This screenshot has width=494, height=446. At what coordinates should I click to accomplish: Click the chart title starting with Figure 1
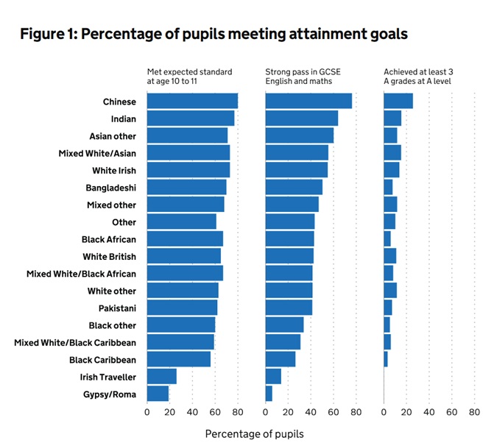click(214, 34)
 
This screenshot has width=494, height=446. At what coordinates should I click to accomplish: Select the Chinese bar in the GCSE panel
click(308, 102)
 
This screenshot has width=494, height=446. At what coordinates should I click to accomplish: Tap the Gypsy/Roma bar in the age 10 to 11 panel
click(158, 394)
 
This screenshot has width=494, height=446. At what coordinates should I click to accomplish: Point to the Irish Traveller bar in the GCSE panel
click(273, 377)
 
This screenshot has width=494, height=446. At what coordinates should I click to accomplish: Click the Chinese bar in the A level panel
click(398, 102)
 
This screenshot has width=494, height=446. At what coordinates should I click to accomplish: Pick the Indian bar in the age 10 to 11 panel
click(191, 118)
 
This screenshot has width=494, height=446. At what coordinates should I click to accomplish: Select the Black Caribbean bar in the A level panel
click(386, 360)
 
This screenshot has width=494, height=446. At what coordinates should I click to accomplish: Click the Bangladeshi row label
click(110, 188)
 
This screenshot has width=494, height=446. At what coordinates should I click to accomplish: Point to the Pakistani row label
click(117, 308)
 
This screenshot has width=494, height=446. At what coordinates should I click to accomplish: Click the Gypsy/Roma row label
click(111, 394)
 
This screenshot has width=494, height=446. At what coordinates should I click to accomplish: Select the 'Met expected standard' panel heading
click(189, 77)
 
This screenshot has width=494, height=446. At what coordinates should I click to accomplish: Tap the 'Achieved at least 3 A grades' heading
click(418, 77)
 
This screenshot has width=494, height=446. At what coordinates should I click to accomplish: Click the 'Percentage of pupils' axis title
click(254, 433)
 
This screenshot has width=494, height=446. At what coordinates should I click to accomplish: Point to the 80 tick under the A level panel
click(474, 412)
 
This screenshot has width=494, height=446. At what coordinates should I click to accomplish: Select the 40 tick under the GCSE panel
click(310, 412)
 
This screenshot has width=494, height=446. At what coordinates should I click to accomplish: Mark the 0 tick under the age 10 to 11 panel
click(147, 412)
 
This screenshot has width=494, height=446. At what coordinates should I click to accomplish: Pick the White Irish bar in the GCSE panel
click(296, 170)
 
